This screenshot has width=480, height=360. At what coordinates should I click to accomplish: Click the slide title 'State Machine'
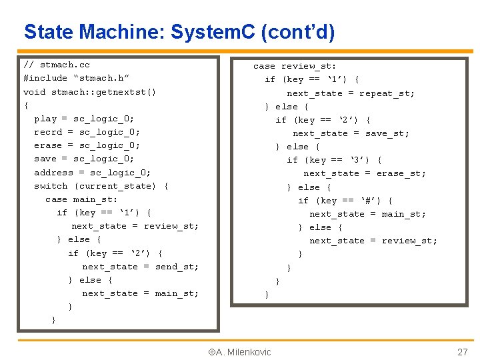click(x=179, y=31)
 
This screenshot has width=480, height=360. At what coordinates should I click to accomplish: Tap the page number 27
click(x=462, y=352)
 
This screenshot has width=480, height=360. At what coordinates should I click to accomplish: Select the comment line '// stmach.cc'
click(x=56, y=65)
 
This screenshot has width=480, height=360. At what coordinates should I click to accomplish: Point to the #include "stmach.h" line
click(x=77, y=79)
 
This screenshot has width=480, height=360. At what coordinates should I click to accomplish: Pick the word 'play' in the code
click(x=45, y=119)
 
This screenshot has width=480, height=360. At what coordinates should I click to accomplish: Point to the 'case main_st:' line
click(x=81, y=199)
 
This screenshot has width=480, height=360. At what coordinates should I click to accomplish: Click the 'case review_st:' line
click(x=294, y=66)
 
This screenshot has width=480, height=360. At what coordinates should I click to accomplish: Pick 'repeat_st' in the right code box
click(x=387, y=93)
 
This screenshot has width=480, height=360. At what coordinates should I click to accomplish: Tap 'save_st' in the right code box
click(x=387, y=133)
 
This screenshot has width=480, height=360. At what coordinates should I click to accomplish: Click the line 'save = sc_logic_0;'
click(x=84, y=159)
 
